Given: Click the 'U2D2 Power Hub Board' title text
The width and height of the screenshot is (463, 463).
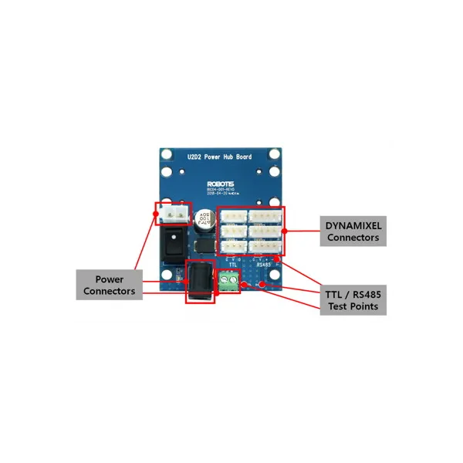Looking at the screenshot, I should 220,157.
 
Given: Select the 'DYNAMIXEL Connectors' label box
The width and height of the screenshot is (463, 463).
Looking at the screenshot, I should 353,230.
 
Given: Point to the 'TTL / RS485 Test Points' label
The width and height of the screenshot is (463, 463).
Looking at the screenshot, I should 352,299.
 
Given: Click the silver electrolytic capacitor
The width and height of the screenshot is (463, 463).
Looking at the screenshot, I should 204,218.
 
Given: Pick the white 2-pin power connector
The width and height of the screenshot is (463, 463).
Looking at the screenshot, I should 172,213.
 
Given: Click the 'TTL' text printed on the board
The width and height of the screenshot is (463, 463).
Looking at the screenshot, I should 232,264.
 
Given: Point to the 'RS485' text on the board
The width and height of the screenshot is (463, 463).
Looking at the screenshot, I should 264,264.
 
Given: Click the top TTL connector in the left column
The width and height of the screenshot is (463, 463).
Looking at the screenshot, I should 234,215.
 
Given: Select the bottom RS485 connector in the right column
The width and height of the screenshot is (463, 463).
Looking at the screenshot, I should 266,247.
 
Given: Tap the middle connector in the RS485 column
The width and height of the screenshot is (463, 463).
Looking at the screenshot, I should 266,231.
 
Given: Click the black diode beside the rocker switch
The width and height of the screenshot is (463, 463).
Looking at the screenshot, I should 204,245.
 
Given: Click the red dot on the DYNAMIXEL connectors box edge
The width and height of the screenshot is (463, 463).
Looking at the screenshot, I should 285,230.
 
